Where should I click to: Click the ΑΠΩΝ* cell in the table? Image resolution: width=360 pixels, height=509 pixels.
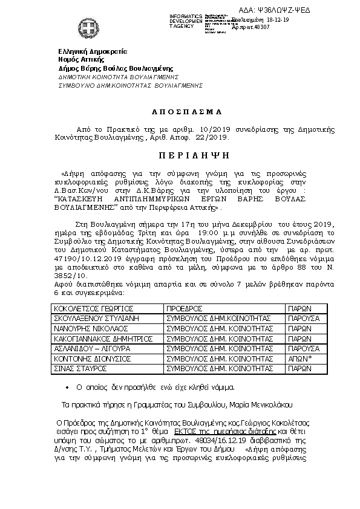[301, 358]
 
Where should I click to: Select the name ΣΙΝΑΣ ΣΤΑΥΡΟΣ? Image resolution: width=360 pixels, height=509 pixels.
[75, 368]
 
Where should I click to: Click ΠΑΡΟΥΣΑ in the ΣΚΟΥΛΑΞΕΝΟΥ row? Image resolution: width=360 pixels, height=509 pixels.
[303, 319]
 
